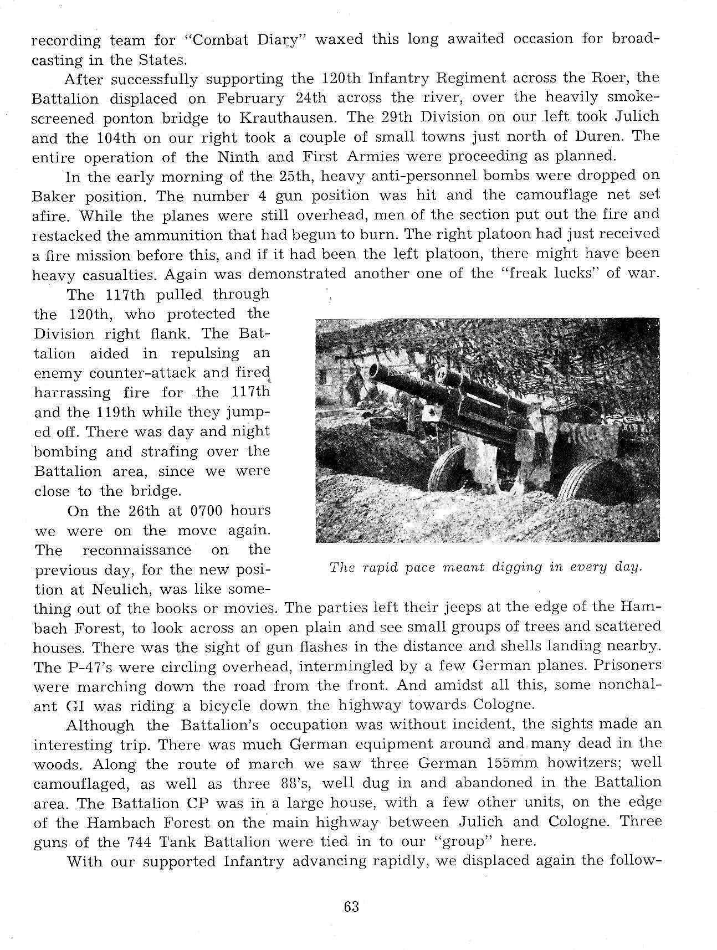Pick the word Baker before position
coord(54,197)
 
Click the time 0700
coord(206,510)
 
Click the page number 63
coord(351,907)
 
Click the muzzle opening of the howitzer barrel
coord(373,371)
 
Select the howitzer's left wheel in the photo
coord(447,468)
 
